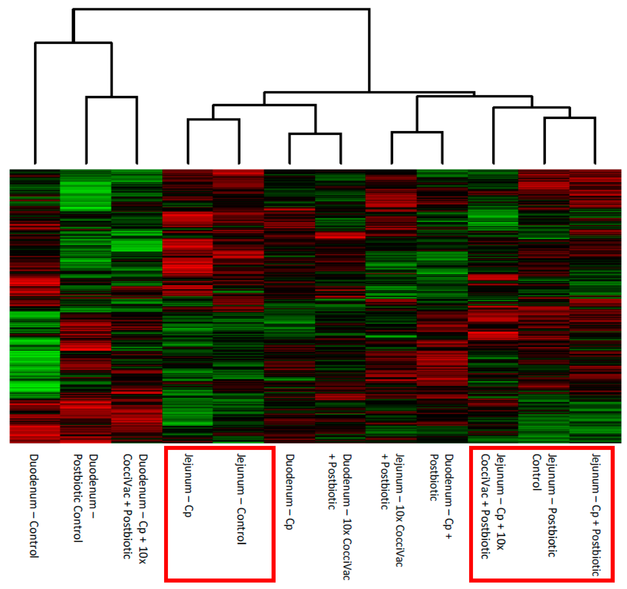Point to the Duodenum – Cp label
[290, 492]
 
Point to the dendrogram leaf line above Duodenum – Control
[35, 104]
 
